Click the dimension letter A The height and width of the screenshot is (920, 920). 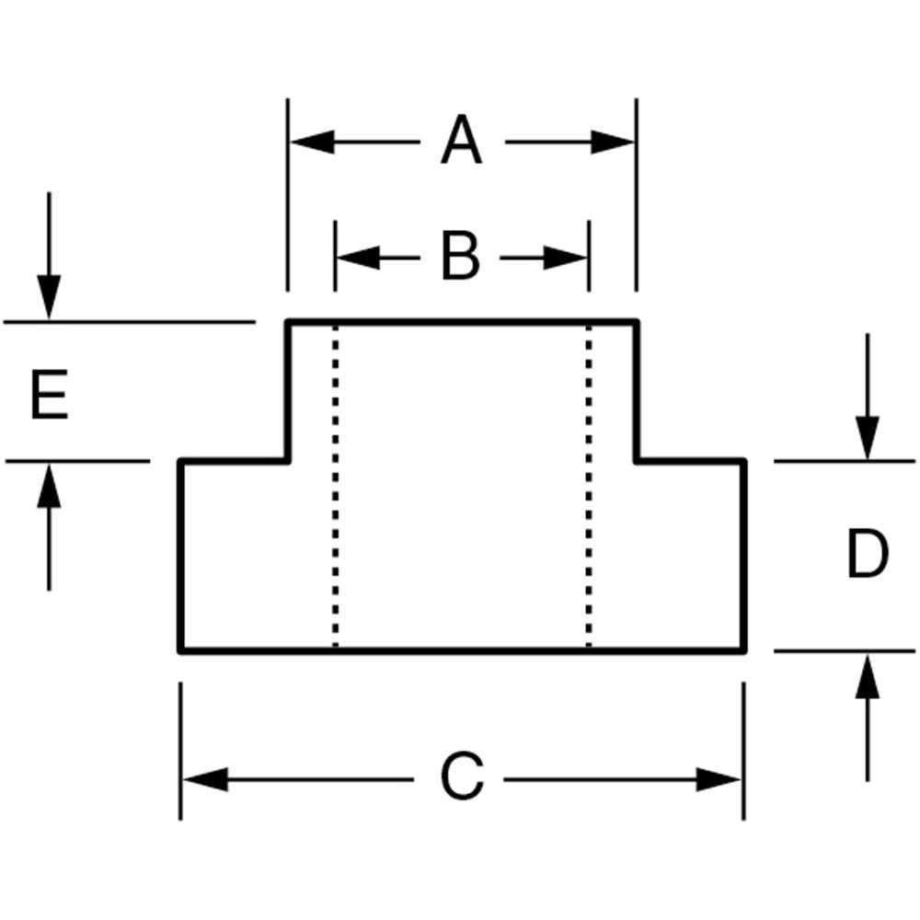(461, 140)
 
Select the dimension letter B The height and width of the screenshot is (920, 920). (460, 257)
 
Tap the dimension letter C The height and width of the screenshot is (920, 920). (462, 775)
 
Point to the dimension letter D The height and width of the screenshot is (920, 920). (868, 553)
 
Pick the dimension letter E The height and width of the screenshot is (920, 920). (50, 395)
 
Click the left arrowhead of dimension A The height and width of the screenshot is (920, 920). (313, 142)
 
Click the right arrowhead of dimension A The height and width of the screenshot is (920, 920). (613, 142)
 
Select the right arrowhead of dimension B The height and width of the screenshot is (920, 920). (565, 258)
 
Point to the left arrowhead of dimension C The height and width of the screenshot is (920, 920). (206, 779)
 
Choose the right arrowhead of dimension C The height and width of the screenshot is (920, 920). (719, 779)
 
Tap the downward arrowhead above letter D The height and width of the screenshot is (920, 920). (868, 438)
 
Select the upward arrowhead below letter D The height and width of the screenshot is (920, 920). (868, 676)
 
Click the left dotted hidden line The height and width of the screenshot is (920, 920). (335, 486)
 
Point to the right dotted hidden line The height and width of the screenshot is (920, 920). (589, 486)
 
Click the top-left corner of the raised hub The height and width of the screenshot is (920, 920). (287, 322)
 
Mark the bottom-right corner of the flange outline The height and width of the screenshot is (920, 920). (744, 650)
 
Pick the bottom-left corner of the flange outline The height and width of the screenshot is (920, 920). (180, 650)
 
